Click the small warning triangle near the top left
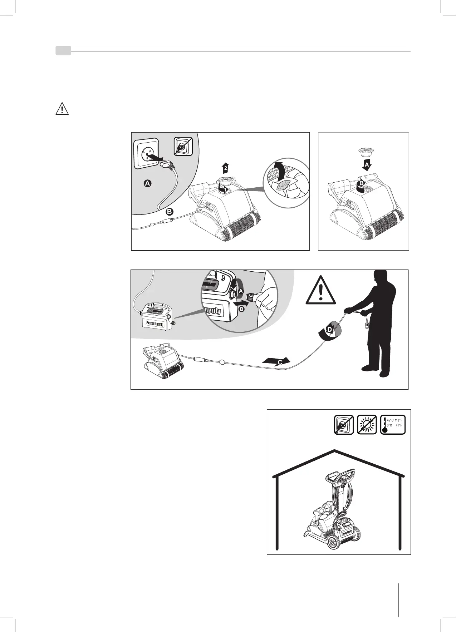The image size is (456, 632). point(62,109)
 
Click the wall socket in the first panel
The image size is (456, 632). point(146,153)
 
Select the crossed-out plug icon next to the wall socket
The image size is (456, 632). point(183,147)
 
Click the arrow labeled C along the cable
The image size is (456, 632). point(276,361)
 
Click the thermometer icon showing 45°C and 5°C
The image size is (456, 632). point(393,425)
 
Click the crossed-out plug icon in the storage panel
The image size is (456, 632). point(344,425)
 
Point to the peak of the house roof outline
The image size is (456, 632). point(335,450)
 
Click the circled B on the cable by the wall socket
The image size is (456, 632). point(170,212)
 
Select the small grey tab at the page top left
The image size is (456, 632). point(63,51)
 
